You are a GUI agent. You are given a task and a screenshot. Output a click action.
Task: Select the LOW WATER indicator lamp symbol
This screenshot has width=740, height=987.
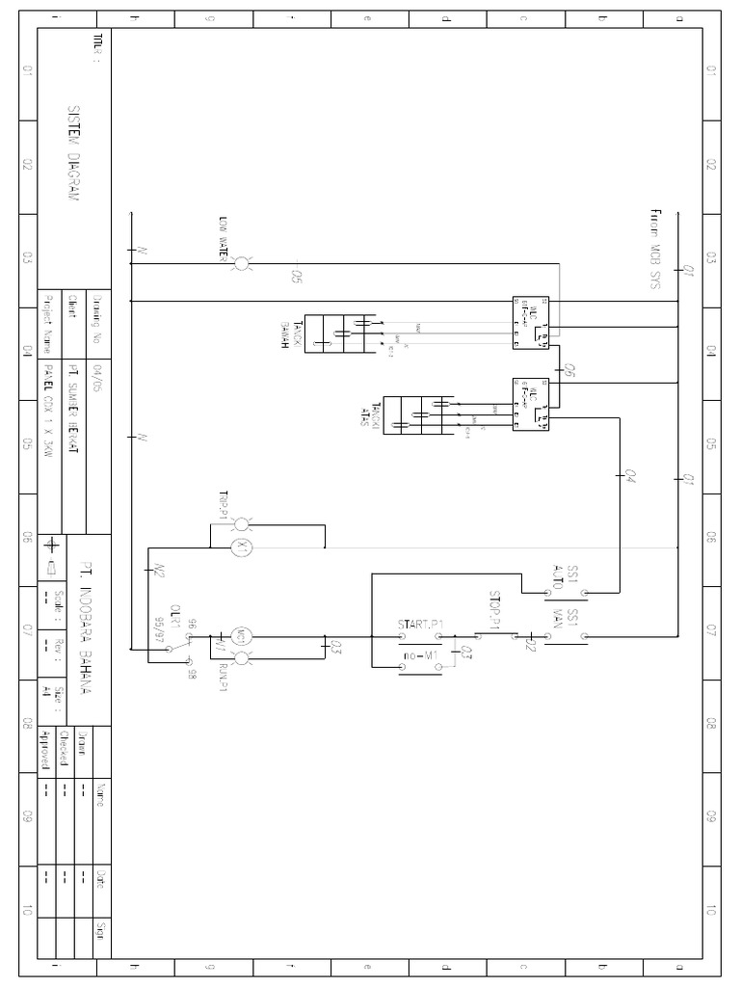coord(242,261)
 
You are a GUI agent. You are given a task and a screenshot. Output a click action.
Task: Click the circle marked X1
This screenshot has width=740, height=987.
coord(242,546)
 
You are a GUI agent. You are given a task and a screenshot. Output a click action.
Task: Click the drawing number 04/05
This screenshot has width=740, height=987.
coord(95,372)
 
